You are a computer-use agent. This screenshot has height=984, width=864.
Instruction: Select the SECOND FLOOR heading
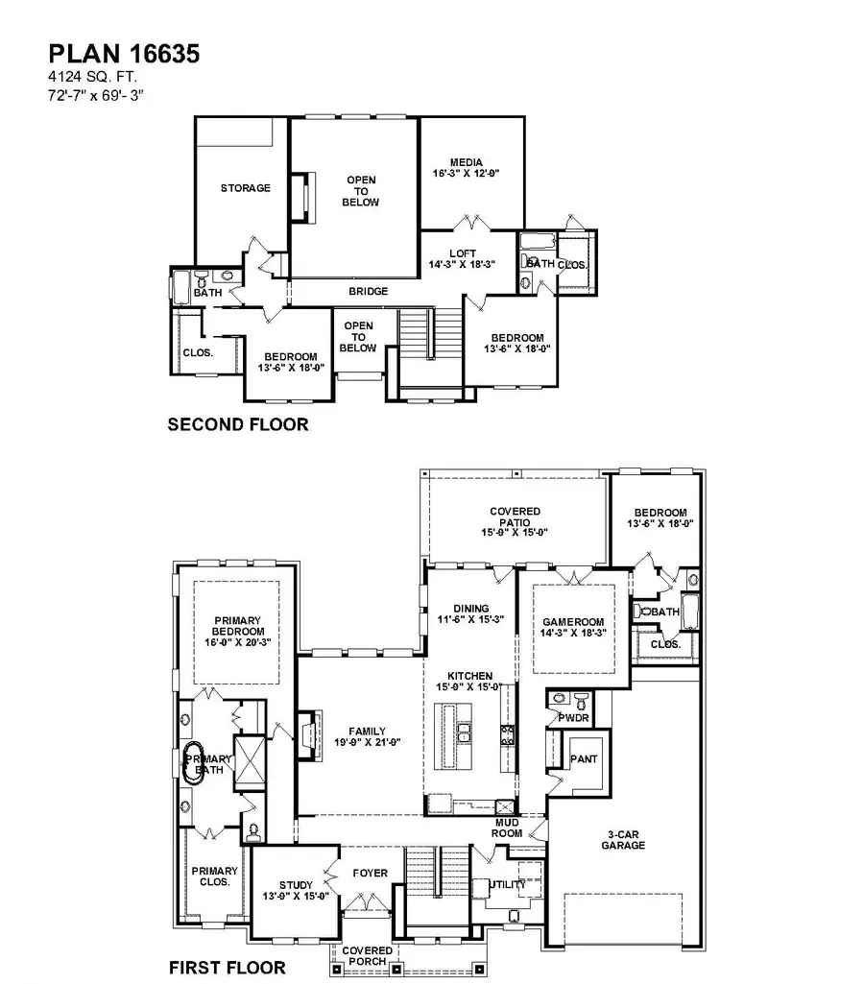click(x=238, y=424)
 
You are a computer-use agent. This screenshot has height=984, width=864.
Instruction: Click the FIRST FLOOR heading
click(x=227, y=966)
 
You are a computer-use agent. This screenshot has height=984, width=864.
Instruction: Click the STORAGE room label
click(x=245, y=188)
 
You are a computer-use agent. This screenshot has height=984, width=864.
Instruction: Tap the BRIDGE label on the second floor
click(x=369, y=292)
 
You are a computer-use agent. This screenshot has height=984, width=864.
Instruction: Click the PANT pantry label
click(x=583, y=759)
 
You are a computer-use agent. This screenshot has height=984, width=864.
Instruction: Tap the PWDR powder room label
click(x=567, y=717)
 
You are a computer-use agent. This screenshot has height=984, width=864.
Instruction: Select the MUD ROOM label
click(x=508, y=828)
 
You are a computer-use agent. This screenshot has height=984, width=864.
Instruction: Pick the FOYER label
click(x=370, y=874)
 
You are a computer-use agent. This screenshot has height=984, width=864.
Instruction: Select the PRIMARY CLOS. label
click(x=213, y=876)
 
